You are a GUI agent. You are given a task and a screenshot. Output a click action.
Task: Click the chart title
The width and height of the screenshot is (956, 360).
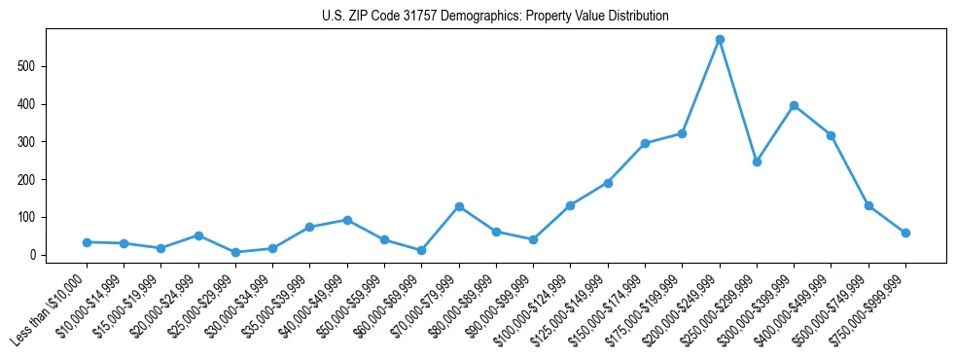click(495, 17)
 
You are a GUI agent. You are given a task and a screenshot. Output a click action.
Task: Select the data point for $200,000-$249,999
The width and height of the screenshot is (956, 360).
click(720, 40)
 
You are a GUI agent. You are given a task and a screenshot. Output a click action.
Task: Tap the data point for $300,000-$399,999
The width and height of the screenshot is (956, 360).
click(795, 105)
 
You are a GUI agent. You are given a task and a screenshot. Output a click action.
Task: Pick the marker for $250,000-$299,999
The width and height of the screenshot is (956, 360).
click(757, 162)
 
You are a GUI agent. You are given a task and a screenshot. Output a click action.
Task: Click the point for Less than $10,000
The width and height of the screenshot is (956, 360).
click(87, 242)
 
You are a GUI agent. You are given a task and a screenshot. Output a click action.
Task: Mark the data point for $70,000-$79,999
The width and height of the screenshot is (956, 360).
click(459, 206)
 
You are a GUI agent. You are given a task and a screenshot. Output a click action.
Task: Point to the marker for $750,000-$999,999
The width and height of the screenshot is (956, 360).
click(905, 233)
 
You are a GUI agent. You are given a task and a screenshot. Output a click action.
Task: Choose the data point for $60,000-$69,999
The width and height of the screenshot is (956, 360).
click(421, 251)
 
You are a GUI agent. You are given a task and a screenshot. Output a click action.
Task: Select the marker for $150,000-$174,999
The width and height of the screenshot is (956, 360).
click(645, 143)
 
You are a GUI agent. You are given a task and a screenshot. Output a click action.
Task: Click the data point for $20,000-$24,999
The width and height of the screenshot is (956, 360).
click(198, 235)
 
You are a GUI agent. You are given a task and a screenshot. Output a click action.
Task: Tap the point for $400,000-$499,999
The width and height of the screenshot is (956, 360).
click(832, 135)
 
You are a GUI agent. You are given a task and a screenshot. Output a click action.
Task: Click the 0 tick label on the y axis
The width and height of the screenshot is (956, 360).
click(33, 255)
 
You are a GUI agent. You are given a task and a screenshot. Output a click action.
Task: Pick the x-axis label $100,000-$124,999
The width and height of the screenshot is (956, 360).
click(540, 297)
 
